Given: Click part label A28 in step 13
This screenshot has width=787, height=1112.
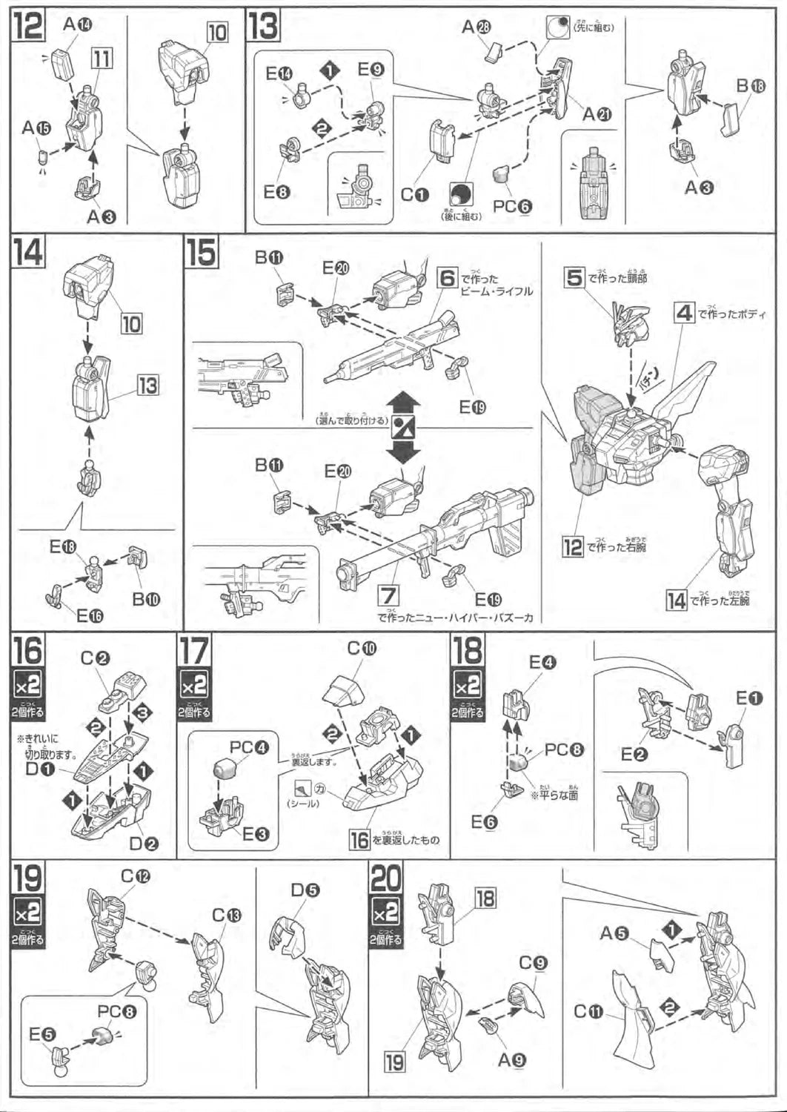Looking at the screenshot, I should (477, 27).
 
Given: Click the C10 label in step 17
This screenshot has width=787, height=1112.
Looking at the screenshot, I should (362, 649).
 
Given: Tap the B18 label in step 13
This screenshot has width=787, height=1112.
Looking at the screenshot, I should (749, 86).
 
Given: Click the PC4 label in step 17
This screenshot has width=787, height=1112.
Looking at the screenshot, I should (249, 747).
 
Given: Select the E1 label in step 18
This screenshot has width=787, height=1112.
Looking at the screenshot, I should (748, 698).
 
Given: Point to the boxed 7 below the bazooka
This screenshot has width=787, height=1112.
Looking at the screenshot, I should (388, 595).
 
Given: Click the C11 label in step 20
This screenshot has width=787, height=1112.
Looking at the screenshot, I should (589, 1010).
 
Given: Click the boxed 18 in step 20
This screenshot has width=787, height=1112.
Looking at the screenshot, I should (485, 899).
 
